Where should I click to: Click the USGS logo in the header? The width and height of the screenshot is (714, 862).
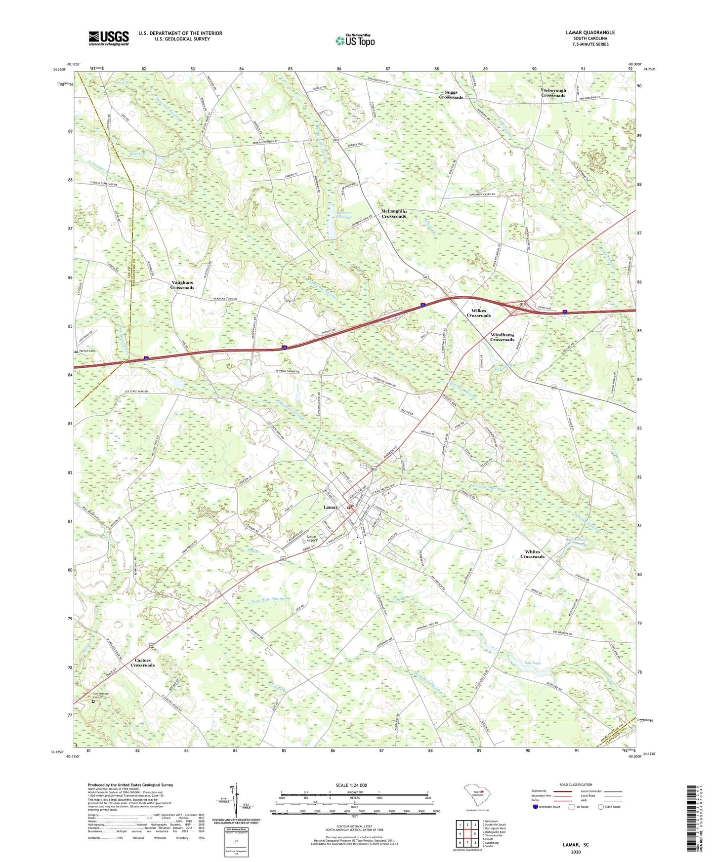click(x=108, y=38)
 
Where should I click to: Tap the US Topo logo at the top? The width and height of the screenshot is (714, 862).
click(x=355, y=40)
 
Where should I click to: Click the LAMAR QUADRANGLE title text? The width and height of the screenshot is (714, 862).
click(x=590, y=33)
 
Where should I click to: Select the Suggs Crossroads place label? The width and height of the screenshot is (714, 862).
click(x=451, y=95)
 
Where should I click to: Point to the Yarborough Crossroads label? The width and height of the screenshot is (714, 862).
click(x=553, y=93)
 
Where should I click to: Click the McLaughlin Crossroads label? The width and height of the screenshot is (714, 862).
click(x=393, y=214)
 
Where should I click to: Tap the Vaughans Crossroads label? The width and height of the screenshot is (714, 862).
click(x=182, y=285)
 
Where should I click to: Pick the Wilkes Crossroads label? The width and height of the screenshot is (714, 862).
click(x=478, y=313)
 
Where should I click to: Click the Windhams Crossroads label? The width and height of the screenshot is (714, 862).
click(x=502, y=337)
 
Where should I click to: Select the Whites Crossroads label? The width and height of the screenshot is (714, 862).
click(x=532, y=554)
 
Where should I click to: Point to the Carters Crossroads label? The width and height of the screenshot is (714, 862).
click(x=142, y=663)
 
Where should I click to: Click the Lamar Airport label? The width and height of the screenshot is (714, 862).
click(x=311, y=539)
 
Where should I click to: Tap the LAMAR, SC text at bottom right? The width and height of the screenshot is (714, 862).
click(x=576, y=845)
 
